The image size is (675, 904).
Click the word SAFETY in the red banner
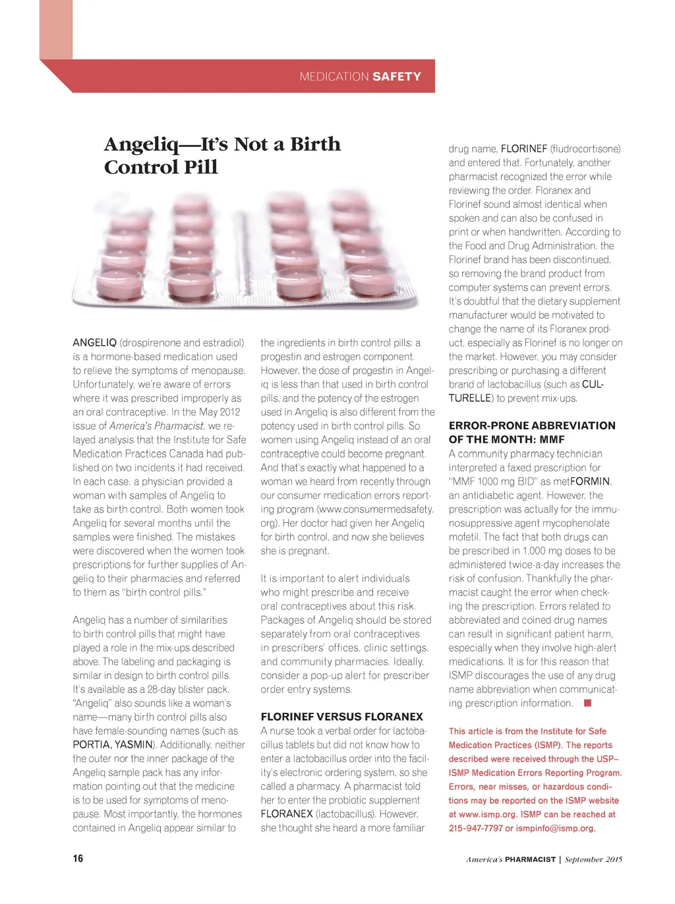tap(397, 76)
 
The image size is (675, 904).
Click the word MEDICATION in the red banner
tap(334, 76)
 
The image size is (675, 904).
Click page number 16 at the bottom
tap(78, 859)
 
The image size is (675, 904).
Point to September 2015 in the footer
tap(593, 859)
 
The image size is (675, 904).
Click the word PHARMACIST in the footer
tap(530, 859)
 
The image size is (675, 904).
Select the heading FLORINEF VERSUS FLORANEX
tap(341, 717)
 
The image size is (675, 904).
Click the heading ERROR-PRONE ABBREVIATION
tap(532, 425)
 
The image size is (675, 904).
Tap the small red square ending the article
tap(587, 703)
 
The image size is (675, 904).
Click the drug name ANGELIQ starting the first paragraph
tap(94, 343)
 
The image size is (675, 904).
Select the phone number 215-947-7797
tap(475, 828)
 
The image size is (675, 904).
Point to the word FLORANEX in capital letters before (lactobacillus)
tap(287, 814)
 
